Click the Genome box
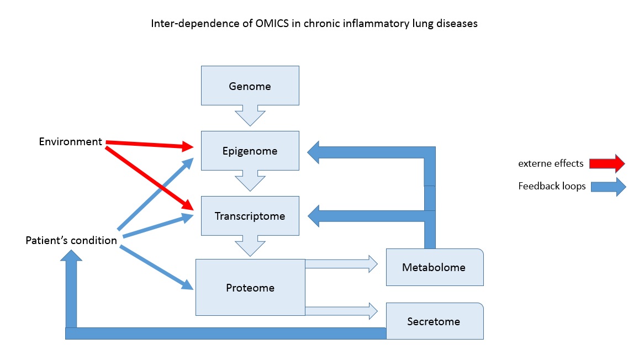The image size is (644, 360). click(x=250, y=86)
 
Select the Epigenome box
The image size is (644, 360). click(x=250, y=151)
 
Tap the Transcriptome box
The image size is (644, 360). click(x=250, y=216)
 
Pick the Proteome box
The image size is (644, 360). click(x=250, y=287)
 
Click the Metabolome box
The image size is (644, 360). click(x=435, y=267)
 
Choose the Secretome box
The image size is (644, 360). click(x=435, y=321)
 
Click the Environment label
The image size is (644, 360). click(x=70, y=141)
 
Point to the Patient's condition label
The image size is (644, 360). click(x=71, y=240)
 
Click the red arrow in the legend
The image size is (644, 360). click(x=607, y=163)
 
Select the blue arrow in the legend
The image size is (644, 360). click(x=608, y=187)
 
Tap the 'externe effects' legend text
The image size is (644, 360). click(x=551, y=163)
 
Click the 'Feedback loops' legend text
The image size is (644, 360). click(x=552, y=187)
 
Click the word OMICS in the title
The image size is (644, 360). click(x=272, y=23)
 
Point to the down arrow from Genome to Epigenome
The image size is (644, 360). click(x=250, y=115)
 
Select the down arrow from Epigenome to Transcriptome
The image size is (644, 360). click(x=250, y=181)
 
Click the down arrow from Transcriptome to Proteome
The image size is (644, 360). click(x=250, y=246)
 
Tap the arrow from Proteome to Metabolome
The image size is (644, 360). click(x=341, y=264)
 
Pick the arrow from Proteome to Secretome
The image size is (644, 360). click(x=341, y=311)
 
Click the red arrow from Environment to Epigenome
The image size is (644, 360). click(x=150, y=144)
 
